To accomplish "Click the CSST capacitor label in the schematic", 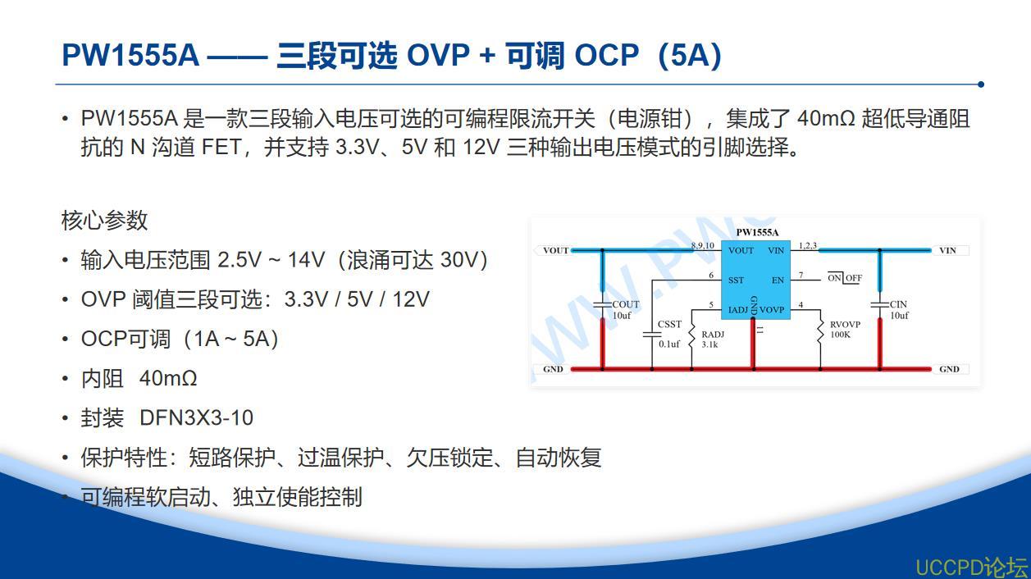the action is pyautogui.click(x=669, y=324).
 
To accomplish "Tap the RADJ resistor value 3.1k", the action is pyautogui.click(x=709, y=344).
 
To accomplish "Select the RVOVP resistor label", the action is pyautogui.click(x=845, y=325).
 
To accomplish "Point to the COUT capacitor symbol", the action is pyautogui.click(x=602, y=305).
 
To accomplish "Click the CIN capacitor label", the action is pyautogui.click(x=898, y=304).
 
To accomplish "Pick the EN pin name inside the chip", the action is pyautogui.click(x=778, y=280).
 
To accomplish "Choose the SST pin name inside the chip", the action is pyautogui.click(x=736, y=280).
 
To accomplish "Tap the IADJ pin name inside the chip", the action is pyautogui.click(x=738, y=310).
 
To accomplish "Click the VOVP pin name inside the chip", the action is pyautogui.click(x=772, y=310).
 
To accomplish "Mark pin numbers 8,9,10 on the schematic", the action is pyautogui.click(x=702, y=245).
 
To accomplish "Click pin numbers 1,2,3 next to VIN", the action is pyautogui.click(x=808, y=245).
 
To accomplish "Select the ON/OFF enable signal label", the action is pyautogui.click(x=845, y=278).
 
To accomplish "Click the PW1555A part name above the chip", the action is pyautogui.click(x=757, y=232).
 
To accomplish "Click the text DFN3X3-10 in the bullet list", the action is pyautogui.click(x=197, y=418).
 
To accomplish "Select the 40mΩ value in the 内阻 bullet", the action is pyautogui.click(x=168, y=378).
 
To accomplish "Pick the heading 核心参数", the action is pyautogui.click(x=104, y=220).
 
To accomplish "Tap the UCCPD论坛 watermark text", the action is pyautogui.click(x=972, y=567).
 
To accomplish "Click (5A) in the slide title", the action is pyautogui.click(x=690, y=55).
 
